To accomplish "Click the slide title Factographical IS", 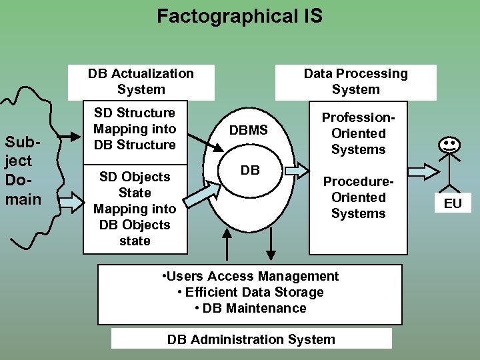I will [239, 16].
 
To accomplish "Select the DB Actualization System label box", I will [141, 81].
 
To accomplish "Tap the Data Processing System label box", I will [355, 81].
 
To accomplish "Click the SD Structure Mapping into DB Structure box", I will [135, 129].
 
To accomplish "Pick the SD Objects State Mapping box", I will [135, 209].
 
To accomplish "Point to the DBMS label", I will [249, 131].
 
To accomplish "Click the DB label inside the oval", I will [250, 170].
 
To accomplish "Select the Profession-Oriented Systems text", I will [359, 133].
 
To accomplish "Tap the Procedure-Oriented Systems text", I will [359, 197].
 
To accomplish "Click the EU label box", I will [453, 203].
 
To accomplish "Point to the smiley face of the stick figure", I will [449, 143].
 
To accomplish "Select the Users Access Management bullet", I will [251, 276].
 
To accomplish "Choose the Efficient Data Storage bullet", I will [251, 292].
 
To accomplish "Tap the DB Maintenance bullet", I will [251, 308].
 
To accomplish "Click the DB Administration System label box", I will [251, 339].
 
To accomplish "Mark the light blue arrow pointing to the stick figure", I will [419, 171].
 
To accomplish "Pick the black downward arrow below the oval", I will [271, 245].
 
